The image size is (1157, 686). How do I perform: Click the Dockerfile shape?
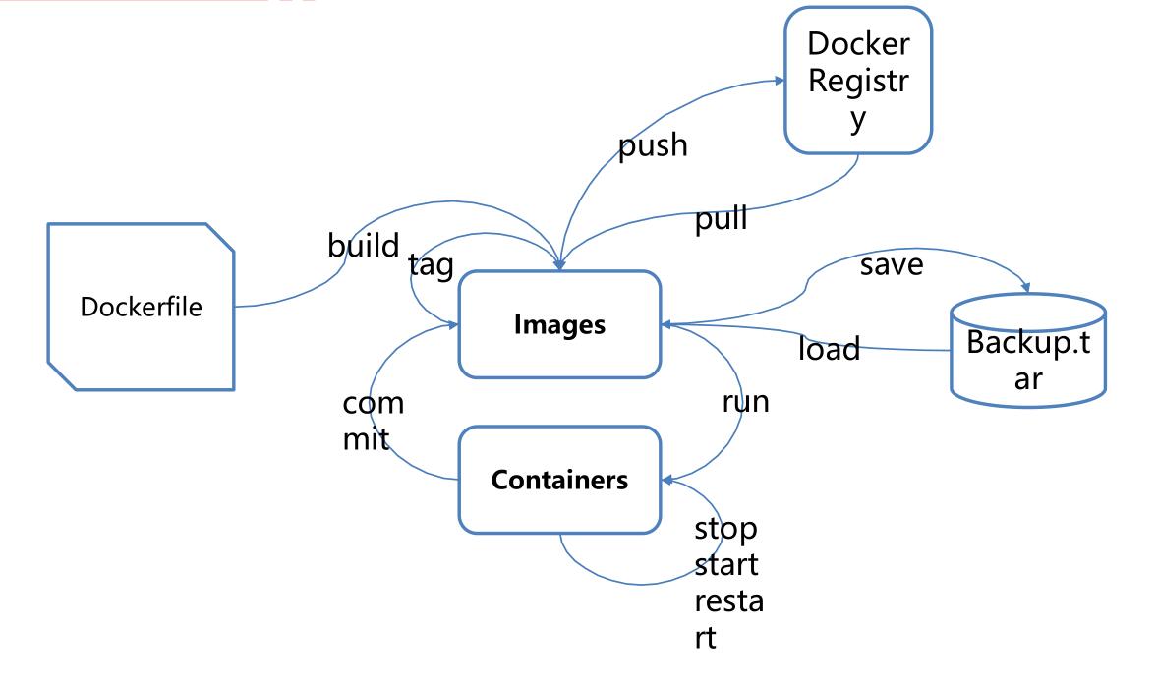coord(141,307)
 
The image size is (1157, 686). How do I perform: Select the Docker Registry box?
coord(857,81)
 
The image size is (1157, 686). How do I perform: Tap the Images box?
coord(559,323)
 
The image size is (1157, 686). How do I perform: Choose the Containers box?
coord(559,481)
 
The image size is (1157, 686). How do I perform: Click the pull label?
coord(721,218)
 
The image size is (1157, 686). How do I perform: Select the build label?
coord(364,245)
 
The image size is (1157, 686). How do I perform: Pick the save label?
coord(892,264)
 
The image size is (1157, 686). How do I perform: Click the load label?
coord(829,348)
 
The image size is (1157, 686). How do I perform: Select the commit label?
coord(372,420)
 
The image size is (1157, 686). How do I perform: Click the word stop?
coord(725,531)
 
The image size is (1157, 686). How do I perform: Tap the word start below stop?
coord(725,566)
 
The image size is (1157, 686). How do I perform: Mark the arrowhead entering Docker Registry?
coord(779,82)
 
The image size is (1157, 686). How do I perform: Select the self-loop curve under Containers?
coord(609,575)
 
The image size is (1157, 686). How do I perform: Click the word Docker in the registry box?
coord(857,44)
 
